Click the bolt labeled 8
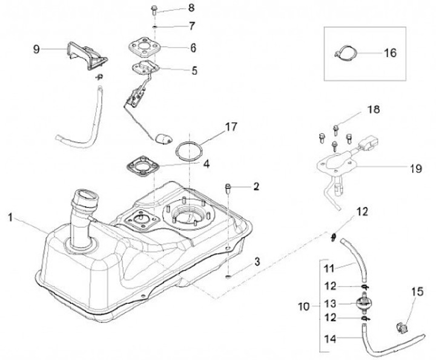(154, 10)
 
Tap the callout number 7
(192, 27)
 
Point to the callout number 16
(391, 53)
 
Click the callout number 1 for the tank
(10, 217)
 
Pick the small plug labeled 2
(228, 188)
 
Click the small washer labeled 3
(228, 277)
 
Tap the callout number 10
(303, 307)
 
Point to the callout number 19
(416, 168)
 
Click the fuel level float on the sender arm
(163, 139)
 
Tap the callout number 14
(330, 339)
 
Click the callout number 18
(374, 109)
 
